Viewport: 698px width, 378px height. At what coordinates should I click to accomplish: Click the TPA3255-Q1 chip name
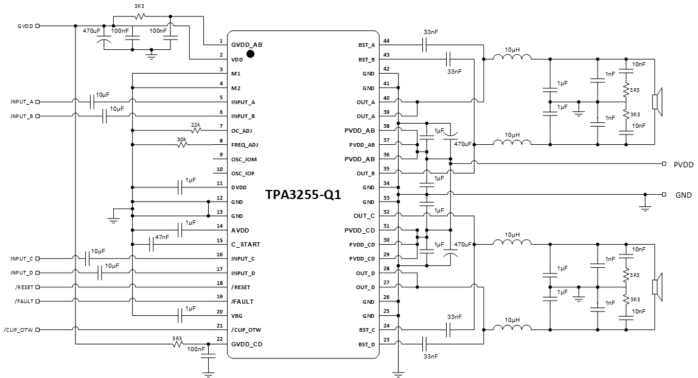(303, 195)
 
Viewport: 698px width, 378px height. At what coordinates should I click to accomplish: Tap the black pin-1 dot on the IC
(250, 54)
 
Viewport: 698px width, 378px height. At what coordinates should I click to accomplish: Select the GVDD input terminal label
(25, 26)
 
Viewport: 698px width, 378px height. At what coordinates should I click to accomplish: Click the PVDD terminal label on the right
(683, 164)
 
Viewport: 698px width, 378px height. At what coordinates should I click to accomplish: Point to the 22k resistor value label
(195, 124)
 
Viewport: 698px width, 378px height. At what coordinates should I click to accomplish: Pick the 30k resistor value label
(181, 139)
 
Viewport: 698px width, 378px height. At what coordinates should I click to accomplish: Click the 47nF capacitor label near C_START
(162, 237)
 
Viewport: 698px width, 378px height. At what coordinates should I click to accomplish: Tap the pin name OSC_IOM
(243, 159)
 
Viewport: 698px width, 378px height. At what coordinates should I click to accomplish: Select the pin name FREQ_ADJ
(245, 145)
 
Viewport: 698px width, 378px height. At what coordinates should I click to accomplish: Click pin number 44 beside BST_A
(386, 41)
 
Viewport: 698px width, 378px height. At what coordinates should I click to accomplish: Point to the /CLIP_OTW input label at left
(18, 330)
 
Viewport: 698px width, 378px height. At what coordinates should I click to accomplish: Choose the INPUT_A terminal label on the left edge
(22, 102)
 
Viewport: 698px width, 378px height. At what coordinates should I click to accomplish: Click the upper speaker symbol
(657, 102)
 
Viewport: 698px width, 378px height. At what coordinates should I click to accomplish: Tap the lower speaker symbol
(657, 287)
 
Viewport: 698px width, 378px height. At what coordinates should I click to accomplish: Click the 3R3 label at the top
(139, 6)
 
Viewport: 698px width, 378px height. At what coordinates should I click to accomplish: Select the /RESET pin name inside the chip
(242, 287)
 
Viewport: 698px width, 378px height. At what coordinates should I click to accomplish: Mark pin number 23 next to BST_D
(386, 340)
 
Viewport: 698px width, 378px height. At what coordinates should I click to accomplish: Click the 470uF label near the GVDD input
(92, 30)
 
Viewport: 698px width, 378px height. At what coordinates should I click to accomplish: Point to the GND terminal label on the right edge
(683, 195)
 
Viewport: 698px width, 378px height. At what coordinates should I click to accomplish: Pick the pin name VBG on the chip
(237, 316)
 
